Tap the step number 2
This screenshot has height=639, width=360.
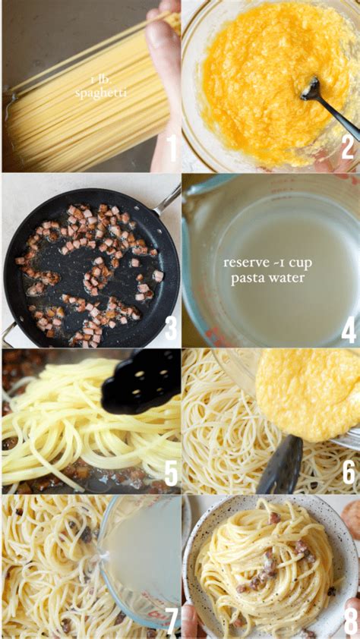[348, 147]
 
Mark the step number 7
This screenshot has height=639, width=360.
[172, 620]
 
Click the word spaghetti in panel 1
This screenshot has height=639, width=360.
[101, 93]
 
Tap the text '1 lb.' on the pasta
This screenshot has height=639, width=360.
[100, 80]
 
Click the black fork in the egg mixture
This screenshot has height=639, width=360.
[329, 107]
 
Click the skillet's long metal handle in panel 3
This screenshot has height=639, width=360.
[166, 201]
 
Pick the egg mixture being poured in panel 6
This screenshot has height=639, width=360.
[308, 394]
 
